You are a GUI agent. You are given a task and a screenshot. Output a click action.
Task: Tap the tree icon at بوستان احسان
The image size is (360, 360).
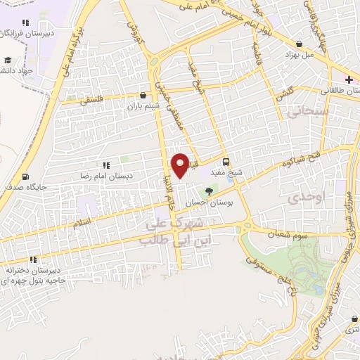[208, 191]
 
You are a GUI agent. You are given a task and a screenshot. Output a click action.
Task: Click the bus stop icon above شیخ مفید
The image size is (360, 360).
[225, 160]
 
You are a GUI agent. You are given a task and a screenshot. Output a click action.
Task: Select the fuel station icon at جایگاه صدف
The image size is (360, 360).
[27, 176]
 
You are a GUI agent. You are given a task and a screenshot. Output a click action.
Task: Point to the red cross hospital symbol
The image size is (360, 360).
[349, 79]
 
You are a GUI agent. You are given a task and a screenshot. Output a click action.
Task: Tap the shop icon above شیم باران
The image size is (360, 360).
[144, 95]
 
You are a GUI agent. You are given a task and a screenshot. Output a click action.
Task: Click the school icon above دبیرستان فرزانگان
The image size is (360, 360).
[26, 23]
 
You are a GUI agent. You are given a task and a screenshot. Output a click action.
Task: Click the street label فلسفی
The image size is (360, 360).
[91, 100]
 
